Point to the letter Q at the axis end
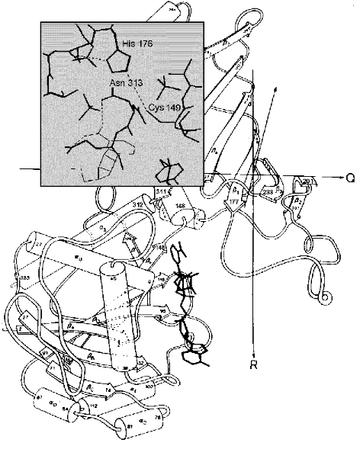(x=349, y=177)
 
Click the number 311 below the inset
(x=161, y=191)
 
